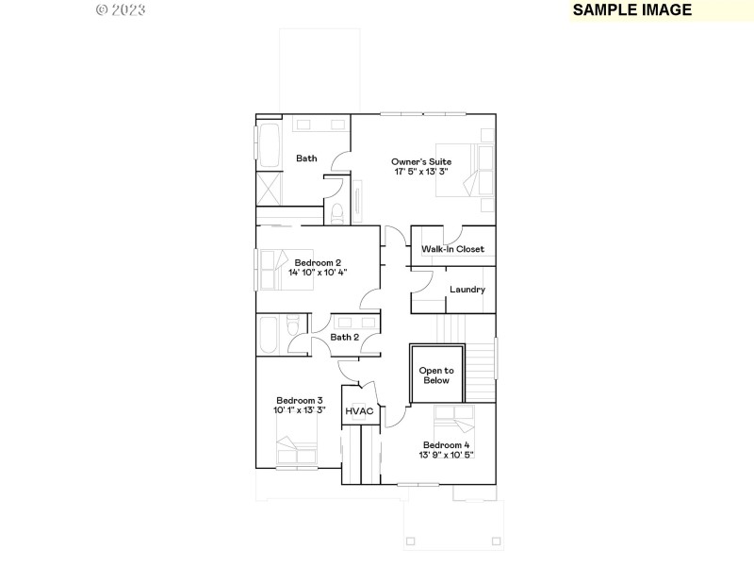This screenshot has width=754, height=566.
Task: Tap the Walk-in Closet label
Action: (x=452, y=249)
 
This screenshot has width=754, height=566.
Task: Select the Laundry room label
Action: (x=467, y=290)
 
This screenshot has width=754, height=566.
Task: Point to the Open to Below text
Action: (x=436, y=375)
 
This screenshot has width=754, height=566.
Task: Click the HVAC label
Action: (x=359, y=411)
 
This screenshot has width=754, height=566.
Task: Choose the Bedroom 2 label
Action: (x=318, y=262)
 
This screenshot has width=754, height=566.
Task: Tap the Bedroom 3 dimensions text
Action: (x=299, y=410)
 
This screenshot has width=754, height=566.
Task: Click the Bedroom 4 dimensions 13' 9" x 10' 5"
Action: (x=446, y=455)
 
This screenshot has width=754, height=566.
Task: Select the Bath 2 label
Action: (x=344, y=337)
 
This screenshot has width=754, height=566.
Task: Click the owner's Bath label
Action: (x=306, y=158)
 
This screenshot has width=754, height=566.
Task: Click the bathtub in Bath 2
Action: (x=270, y=335)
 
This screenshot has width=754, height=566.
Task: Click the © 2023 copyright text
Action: (x=122, y=9)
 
